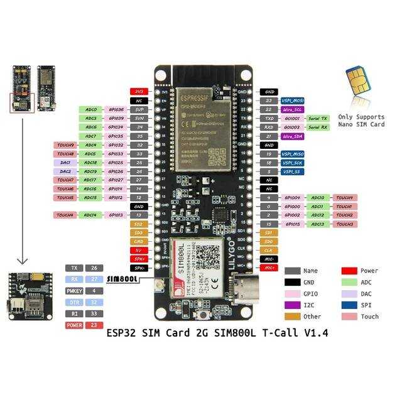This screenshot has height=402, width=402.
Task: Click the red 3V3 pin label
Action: click(139, 92)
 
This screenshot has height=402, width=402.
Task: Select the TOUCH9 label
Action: click(65, 145)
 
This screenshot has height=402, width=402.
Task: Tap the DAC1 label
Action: click(65, 163)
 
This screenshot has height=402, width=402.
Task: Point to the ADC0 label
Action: click(90, 110)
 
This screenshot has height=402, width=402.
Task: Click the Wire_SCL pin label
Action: click(292, 110)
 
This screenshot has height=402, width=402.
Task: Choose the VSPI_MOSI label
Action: click(292, 100)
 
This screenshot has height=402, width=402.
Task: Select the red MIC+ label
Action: click(269, 268)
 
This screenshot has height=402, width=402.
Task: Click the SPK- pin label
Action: click(139, 268)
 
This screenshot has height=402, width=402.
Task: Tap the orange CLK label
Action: click(269, 250)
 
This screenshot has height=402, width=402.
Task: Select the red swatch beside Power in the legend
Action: click(350, 271)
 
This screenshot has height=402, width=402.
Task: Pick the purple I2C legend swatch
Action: click(293, 305)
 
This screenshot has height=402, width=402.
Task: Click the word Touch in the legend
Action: click(370, 317)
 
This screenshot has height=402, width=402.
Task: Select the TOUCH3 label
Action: click(344, 224)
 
